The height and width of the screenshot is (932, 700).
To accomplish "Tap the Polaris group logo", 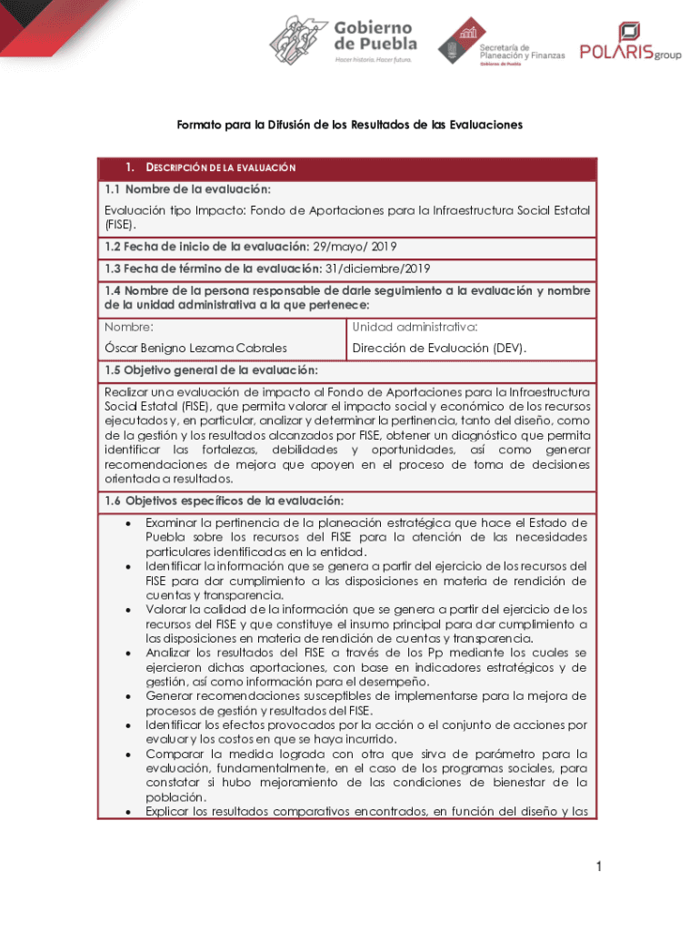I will [630, 44].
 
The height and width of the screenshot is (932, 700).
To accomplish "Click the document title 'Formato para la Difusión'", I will [349, 125].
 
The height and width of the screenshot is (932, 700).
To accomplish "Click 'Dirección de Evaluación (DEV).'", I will [439, 348].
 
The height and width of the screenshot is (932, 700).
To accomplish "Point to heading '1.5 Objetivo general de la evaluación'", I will [211, 370].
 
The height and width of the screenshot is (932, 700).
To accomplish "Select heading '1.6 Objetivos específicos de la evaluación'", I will [224, 501].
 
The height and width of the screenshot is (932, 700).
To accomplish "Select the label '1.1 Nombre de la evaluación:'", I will [187, 189].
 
